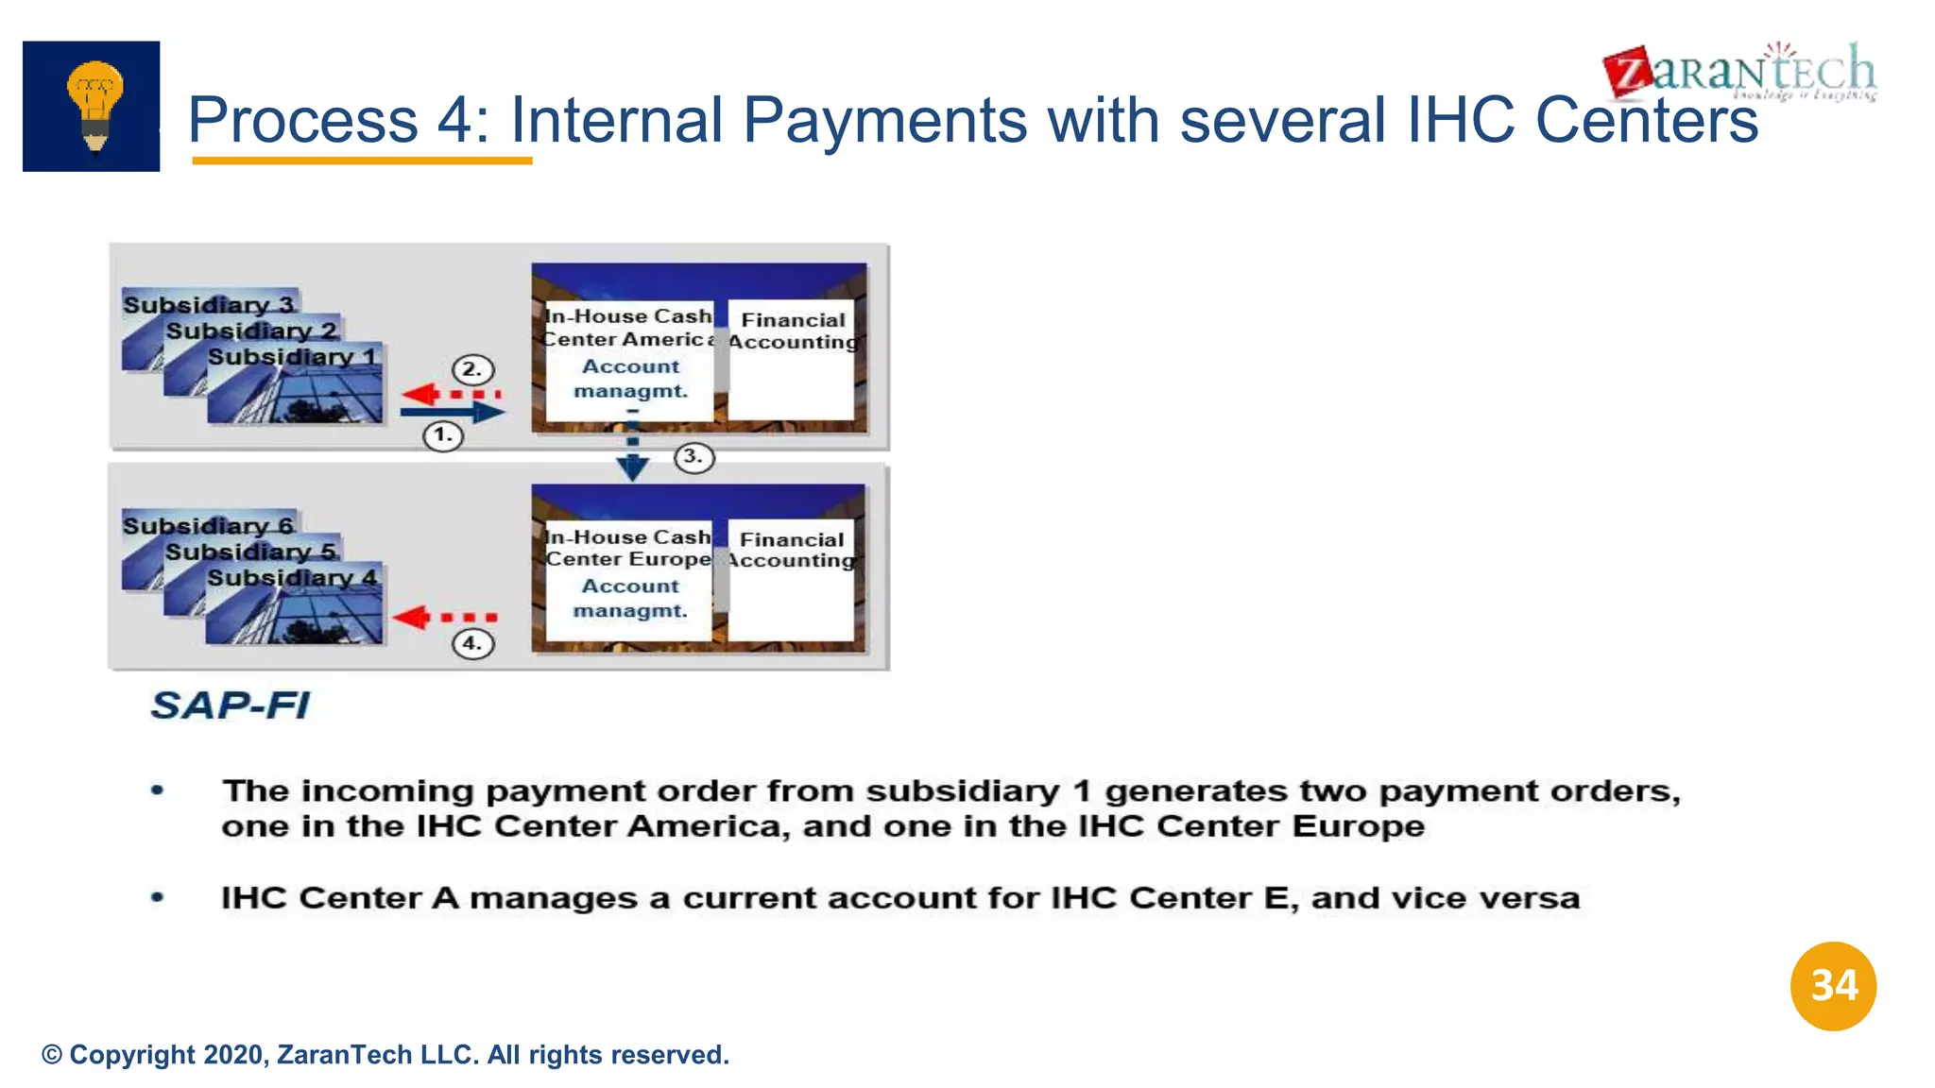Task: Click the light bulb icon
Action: coord(93,106)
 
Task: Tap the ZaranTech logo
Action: coord(1739,72)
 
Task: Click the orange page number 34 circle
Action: coord(1833,986)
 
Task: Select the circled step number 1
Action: coord(442,435)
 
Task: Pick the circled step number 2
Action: coord(472,369)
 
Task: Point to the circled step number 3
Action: coord(694,457)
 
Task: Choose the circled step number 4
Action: coord(472,644)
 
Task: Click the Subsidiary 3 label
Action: coord(209,304)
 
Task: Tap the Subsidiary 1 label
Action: coord(292,357)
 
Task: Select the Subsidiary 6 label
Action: coord(208,525)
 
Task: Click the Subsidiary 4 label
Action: coord(292,577)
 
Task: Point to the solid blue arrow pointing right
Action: coord(452,412)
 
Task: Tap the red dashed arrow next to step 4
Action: coord(444,618)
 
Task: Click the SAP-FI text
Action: coord(231,705)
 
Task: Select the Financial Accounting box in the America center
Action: coord(792,359)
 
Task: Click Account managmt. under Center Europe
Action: coord(630,598)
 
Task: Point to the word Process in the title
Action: coord(302,120)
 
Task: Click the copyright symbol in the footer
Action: coord(52,1055)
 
